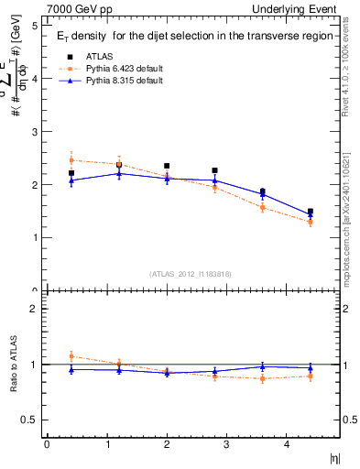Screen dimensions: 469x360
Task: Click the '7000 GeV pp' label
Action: [x=80, y=9]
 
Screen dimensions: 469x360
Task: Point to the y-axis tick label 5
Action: [x=34, y=26]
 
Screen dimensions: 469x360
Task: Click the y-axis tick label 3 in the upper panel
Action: [x=34, y=132]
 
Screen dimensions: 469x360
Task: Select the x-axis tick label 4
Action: [x=286, y=445]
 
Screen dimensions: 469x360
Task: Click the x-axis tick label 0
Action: [x=47, y=445]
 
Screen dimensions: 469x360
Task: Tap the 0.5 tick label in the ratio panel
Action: [x=29, y=420]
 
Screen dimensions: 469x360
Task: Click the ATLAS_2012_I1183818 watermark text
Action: [x=190, y=273]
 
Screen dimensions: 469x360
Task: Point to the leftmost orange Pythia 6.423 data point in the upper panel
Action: [x=71, y=160]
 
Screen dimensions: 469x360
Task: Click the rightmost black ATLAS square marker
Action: [x=310, y=212]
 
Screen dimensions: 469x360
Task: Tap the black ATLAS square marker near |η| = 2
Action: [x=167, y=166]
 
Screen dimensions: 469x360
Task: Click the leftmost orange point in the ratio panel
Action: [x=71, y=356]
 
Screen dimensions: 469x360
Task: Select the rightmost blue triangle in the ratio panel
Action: [x=310, y=368]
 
